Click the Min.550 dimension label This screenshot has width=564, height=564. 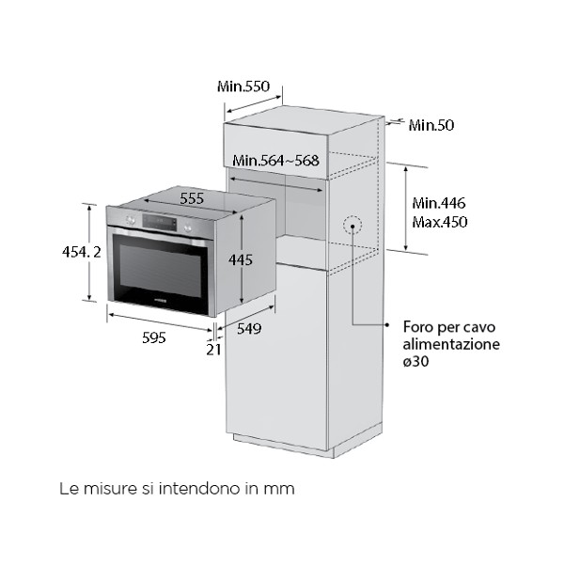(243, 86)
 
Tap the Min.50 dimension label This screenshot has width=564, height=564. (431, 125)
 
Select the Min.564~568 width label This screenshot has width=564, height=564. (276, 160)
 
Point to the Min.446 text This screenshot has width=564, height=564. (439, 203)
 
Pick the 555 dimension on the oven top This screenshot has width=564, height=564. (192, 198)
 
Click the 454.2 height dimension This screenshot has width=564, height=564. (67, 252)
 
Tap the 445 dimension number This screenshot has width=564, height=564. (241, 259)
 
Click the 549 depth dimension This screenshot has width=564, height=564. (248, 328)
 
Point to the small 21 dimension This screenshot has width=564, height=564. (213, 349)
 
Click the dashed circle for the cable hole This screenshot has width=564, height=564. (352, 226)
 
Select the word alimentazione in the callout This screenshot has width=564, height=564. (451, 345)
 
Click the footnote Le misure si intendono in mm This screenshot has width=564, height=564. (177, 489)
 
